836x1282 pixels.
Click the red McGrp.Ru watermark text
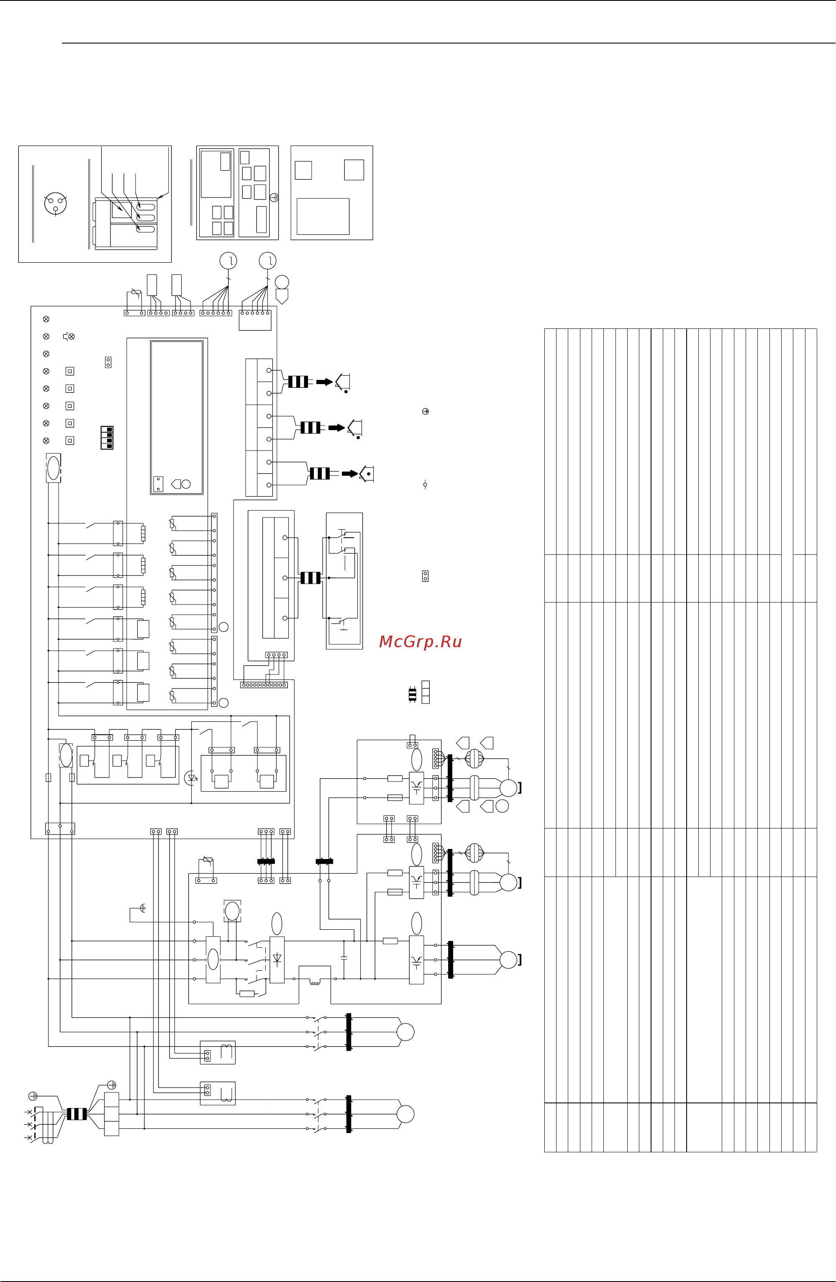420,641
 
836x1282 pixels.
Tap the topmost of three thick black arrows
324,382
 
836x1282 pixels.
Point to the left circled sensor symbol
228,261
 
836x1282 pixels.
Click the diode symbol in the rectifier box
277,959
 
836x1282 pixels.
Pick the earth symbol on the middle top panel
274,197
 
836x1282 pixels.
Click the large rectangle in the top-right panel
323,216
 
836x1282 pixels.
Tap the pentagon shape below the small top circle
282,296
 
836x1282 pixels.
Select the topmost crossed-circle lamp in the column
46,319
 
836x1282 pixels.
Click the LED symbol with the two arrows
191,778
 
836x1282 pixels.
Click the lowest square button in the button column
69,441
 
